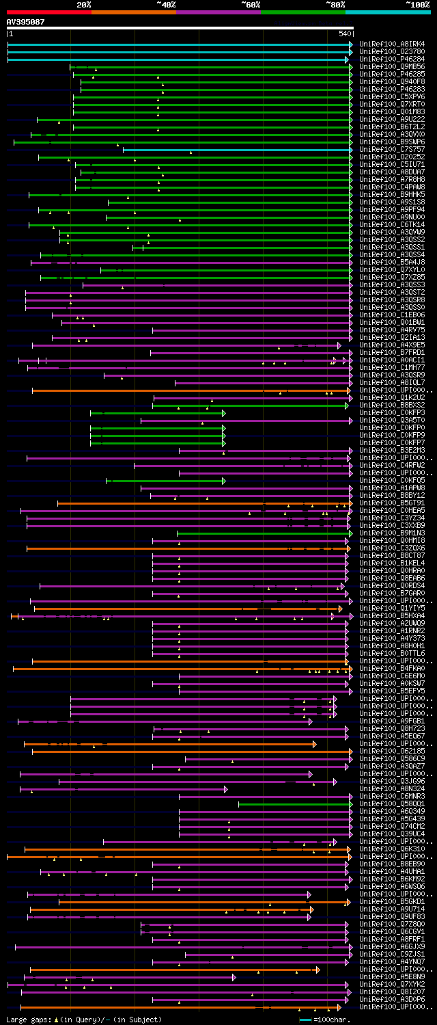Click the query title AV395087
25,22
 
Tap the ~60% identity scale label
251,5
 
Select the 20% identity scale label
84,5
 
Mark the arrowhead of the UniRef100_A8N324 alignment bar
225,789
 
